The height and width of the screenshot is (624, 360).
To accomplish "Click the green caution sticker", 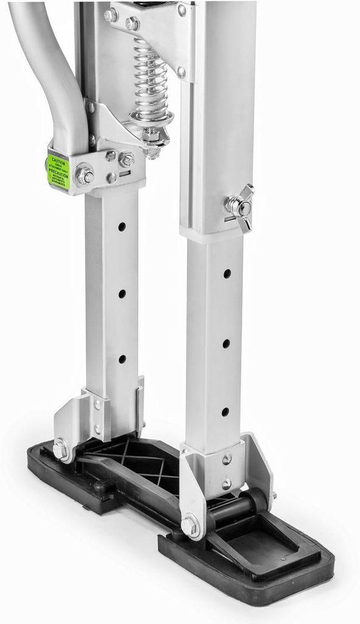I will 58,171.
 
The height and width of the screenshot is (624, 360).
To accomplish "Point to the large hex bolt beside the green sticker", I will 84,175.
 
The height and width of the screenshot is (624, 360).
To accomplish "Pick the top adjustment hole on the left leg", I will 122,227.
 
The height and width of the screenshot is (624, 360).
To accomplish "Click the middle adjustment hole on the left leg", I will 122,294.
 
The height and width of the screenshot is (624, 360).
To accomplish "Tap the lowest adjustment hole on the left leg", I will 122,359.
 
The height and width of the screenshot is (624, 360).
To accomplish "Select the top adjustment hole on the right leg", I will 227,274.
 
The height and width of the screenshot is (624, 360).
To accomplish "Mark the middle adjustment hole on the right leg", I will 226,344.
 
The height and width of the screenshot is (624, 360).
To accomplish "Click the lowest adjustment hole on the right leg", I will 225,412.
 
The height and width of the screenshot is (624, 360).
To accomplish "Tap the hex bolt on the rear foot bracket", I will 60,450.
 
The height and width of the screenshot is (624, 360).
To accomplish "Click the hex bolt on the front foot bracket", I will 191,525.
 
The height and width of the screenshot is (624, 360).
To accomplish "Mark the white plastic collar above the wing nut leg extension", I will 212,235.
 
